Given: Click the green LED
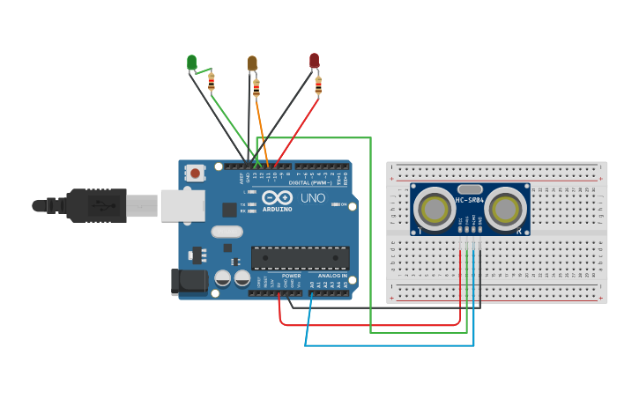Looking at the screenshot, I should click(191, 62).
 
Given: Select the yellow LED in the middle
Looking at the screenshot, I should click(252, 63).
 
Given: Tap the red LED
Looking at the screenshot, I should click(314, 60).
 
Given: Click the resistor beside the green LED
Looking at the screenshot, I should click(211, 82).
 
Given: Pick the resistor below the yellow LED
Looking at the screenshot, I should click(256, 87).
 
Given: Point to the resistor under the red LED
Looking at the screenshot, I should click(318, 85).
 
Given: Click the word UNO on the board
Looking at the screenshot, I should click(313, 198).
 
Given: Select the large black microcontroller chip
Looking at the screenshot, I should click(300, 257).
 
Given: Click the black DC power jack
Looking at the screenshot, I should click(188, 282).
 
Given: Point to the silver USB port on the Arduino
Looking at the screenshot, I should click(182, 206).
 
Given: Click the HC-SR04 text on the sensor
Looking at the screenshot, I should click(469, 201).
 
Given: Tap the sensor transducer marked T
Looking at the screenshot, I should click(434, 210).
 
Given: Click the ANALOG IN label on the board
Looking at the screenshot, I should click(331, 276).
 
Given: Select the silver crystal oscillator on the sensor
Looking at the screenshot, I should click(470, 188).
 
